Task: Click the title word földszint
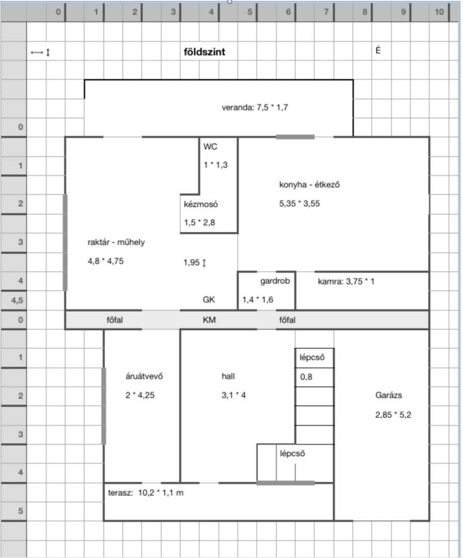pos(204,52)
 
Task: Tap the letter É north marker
pos(378,50)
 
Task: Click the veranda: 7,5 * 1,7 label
pos(255,108)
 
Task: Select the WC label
pos(210,147)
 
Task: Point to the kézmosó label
pos(201,204)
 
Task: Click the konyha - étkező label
pos(309,184)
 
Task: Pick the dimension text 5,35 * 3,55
pos(299,203)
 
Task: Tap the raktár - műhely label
pos(116,242)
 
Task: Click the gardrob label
pos(275,281)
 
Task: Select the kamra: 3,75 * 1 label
pos(346,281)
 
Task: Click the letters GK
pos(208,300)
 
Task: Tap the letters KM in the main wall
pos(209,320)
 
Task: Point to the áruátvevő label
pos(144,376)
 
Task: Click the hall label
pos(228,376)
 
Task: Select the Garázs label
pos(388,395)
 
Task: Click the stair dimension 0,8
pos(306,377)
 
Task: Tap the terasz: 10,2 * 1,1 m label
pos(146,493)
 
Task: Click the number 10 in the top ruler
pos(439,12)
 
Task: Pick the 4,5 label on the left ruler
pos(17,300)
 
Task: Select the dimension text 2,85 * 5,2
pos(393,415)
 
